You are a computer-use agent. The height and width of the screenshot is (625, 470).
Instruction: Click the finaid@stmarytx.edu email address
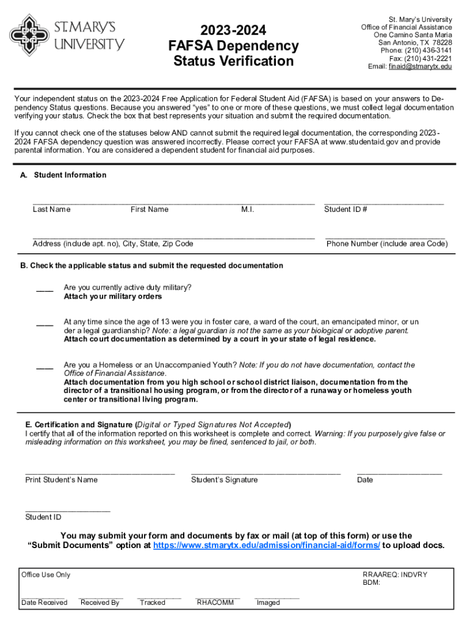(x=420, y=67)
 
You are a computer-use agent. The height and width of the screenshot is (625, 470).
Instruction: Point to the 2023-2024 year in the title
(x=233, y=31)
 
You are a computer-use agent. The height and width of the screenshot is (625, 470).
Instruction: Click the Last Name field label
(x=51, y=210)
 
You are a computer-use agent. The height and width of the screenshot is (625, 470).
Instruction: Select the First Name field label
(x=149, y=210)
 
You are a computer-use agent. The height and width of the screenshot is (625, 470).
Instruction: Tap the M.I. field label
(x=248, y=210)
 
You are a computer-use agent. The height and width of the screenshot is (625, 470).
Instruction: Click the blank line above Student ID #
(x=384, y=202)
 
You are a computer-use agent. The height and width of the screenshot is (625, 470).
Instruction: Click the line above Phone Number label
(x=385, y=236)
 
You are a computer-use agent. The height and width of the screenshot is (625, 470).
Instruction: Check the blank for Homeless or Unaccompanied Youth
(x=44, y=367)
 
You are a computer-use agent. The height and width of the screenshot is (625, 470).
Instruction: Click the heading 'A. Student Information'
(x=63, y=175)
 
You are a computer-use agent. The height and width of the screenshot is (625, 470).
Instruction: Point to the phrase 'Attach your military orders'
(x=113, y=297)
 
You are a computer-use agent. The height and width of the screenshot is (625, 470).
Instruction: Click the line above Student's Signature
(x=266, y=472)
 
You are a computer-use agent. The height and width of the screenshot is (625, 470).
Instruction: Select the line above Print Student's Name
(x=99, y=472)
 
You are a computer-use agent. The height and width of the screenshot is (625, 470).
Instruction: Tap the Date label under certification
(x=365, y=480)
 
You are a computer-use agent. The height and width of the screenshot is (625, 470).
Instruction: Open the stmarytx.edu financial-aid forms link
(x=267, y=545)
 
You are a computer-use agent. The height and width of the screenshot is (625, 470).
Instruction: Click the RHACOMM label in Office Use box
(x=215, y=602)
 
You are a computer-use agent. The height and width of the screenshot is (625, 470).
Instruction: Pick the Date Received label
(x=44, y=602)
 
